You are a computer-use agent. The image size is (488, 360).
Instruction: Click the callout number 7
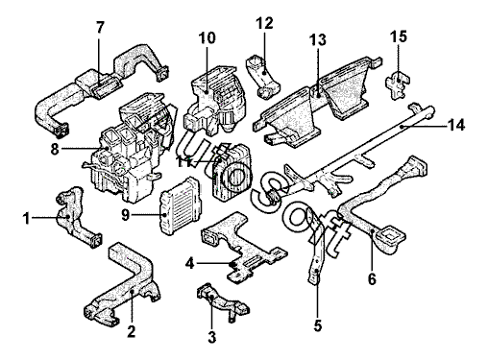click(100, 28)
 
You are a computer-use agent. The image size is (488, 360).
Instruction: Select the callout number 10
click(207, 38)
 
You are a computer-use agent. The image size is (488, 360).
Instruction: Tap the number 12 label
click(264, 23)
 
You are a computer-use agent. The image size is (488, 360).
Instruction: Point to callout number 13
click(318, 40)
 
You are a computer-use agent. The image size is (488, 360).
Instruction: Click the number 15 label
click(399, 36)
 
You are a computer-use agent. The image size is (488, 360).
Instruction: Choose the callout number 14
click(456, 125)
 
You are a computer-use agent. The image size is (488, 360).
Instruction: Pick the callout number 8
click(55, 149)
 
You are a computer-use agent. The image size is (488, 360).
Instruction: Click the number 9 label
click(126, 215)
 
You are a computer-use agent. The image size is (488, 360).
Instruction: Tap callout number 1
click(26, 219)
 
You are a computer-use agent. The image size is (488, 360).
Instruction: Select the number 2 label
click(132, 331)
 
